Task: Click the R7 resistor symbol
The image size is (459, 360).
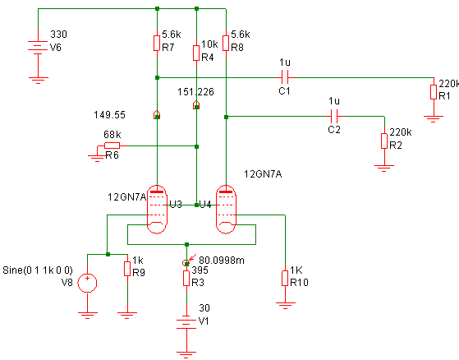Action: [157, 44]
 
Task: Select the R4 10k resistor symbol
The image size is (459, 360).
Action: [196, 53]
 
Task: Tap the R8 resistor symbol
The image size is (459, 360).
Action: [226, 44]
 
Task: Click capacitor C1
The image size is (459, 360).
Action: [285, 77]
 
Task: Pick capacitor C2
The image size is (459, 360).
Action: [334, 116]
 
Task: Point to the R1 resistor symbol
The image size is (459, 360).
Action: [434, 92]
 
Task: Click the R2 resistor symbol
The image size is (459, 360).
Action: [384, 141]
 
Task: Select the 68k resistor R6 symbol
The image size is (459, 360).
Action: [112, 145]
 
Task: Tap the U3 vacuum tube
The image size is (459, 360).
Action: [157, 210]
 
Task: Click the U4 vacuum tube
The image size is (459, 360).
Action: [226, 210]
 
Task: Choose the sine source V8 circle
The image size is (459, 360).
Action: [87, 283]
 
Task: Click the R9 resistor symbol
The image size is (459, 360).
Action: [127, 269]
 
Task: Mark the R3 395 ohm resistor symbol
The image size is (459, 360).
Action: [186, 279]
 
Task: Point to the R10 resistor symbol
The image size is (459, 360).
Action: [285, 279]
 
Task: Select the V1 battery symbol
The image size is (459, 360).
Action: [186, 324]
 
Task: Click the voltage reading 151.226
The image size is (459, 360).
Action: [195, 92]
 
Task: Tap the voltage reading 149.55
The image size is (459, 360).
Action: [109, 115]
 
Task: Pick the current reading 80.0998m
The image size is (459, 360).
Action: [222, 260]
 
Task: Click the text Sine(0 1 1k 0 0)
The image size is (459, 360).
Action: [38, 270]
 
